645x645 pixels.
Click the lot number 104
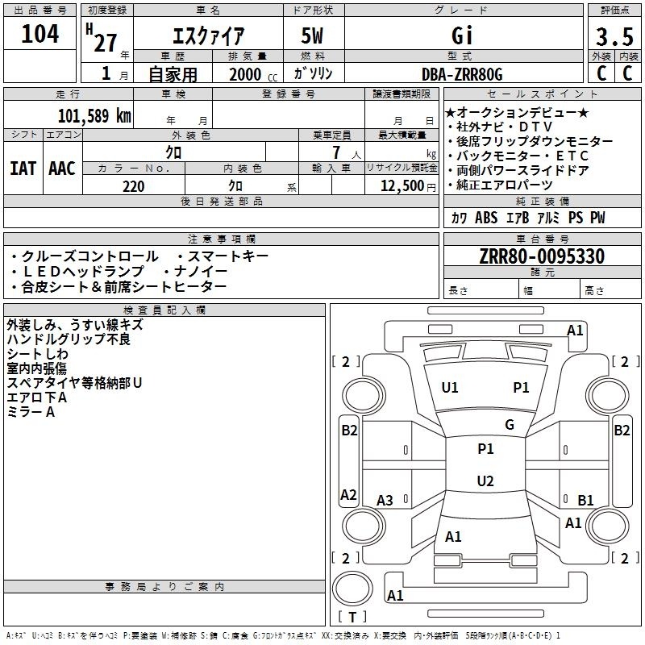click(40, 34)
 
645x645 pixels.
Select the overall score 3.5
click(614, 36)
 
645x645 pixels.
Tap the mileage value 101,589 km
click(94, 115)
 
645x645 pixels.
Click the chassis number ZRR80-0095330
click(542, 256)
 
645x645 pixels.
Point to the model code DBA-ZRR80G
click(462, 74)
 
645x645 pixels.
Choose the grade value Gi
click(462, 35)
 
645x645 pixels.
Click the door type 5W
click(312, 35)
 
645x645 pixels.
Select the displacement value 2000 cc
click(253, 74)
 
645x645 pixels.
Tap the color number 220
click(134, 186)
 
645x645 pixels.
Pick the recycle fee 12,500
click(402, 186)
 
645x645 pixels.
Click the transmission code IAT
click(23, 169)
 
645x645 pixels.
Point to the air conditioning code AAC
click(62, 169)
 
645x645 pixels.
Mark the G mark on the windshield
click(510, 424)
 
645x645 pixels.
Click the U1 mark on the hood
click(450, 388)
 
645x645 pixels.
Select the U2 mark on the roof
click(485, 481)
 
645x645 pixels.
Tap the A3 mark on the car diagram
click(385, 500)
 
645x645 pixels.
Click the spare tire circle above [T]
click(352, 589)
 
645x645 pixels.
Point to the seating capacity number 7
click(336, 152)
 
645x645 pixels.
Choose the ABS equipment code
click(486, 218)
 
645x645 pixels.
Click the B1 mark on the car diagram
click(585, 500)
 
